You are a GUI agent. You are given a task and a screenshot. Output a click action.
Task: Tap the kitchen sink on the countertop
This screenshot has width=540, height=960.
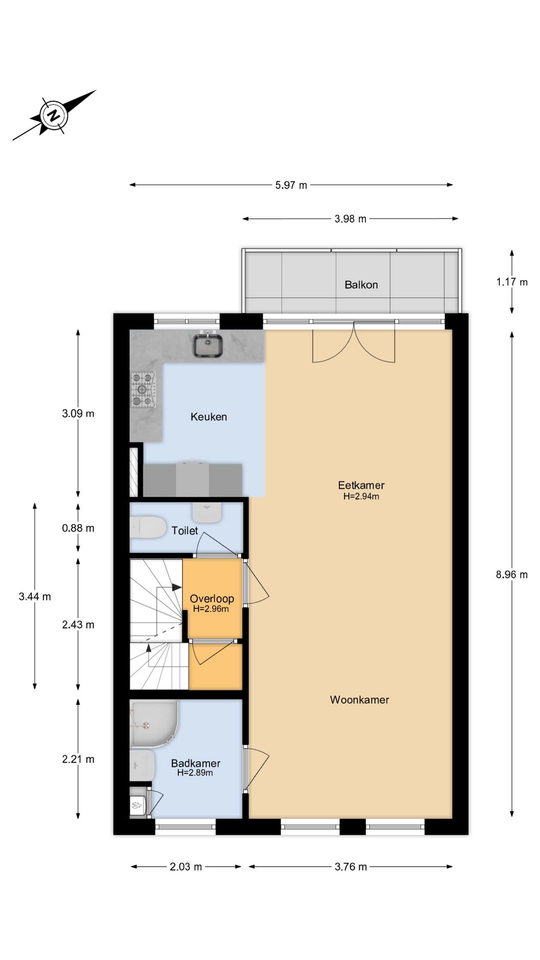(x=208, y=345)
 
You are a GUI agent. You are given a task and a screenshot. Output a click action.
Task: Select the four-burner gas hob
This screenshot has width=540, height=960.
(x=143, y=389)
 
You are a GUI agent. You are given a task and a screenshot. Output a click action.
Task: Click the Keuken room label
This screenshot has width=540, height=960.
(x=208, y=416)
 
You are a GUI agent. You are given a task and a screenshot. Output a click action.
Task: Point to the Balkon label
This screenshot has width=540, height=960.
(x=361, y=284)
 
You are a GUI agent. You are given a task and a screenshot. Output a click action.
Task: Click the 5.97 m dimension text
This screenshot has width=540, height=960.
(x=291, y=185)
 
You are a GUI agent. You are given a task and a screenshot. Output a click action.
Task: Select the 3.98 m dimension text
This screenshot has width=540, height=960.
(x=350, y=218)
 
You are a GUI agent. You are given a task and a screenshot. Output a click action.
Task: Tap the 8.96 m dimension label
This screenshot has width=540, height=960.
(x=511, y=574)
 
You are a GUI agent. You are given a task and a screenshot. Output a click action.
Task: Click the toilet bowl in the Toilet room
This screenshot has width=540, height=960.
(x=148, y=527)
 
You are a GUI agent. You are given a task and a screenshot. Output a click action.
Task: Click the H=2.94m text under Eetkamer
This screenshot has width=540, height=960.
(x=361, y=496)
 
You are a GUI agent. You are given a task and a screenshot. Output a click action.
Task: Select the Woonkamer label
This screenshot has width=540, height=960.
(x=359, y=699)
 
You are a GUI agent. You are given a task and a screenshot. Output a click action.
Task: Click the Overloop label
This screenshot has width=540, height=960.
(x=211, y=598)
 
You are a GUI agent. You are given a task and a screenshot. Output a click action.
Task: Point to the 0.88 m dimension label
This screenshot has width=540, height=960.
(x=78, y=528)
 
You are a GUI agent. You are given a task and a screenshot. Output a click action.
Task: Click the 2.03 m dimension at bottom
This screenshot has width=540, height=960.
(x=185, y=866)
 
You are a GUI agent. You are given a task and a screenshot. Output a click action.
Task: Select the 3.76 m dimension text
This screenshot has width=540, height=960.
(x=350, y=866)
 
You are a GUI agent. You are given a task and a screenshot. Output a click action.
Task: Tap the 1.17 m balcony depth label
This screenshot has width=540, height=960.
(x=511, y=282)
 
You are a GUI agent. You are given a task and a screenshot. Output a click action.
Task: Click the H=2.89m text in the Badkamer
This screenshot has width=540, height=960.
(x=195, y=772)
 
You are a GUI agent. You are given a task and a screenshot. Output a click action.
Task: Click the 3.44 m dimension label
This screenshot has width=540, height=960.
(x=34, y=596)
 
